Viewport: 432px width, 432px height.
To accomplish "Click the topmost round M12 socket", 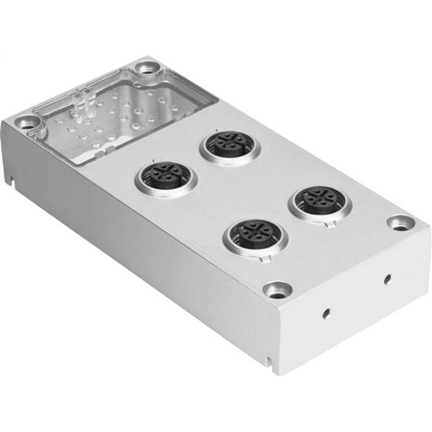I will click(x=229, y=146).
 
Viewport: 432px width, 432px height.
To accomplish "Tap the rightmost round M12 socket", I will click(x=321, y=201).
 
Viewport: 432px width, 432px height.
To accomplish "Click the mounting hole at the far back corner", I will click(x=143, y=68).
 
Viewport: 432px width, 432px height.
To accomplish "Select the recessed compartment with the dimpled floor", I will click(x=117, y=121).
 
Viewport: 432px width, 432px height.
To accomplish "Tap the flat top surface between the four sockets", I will click(x=242, y=190).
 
